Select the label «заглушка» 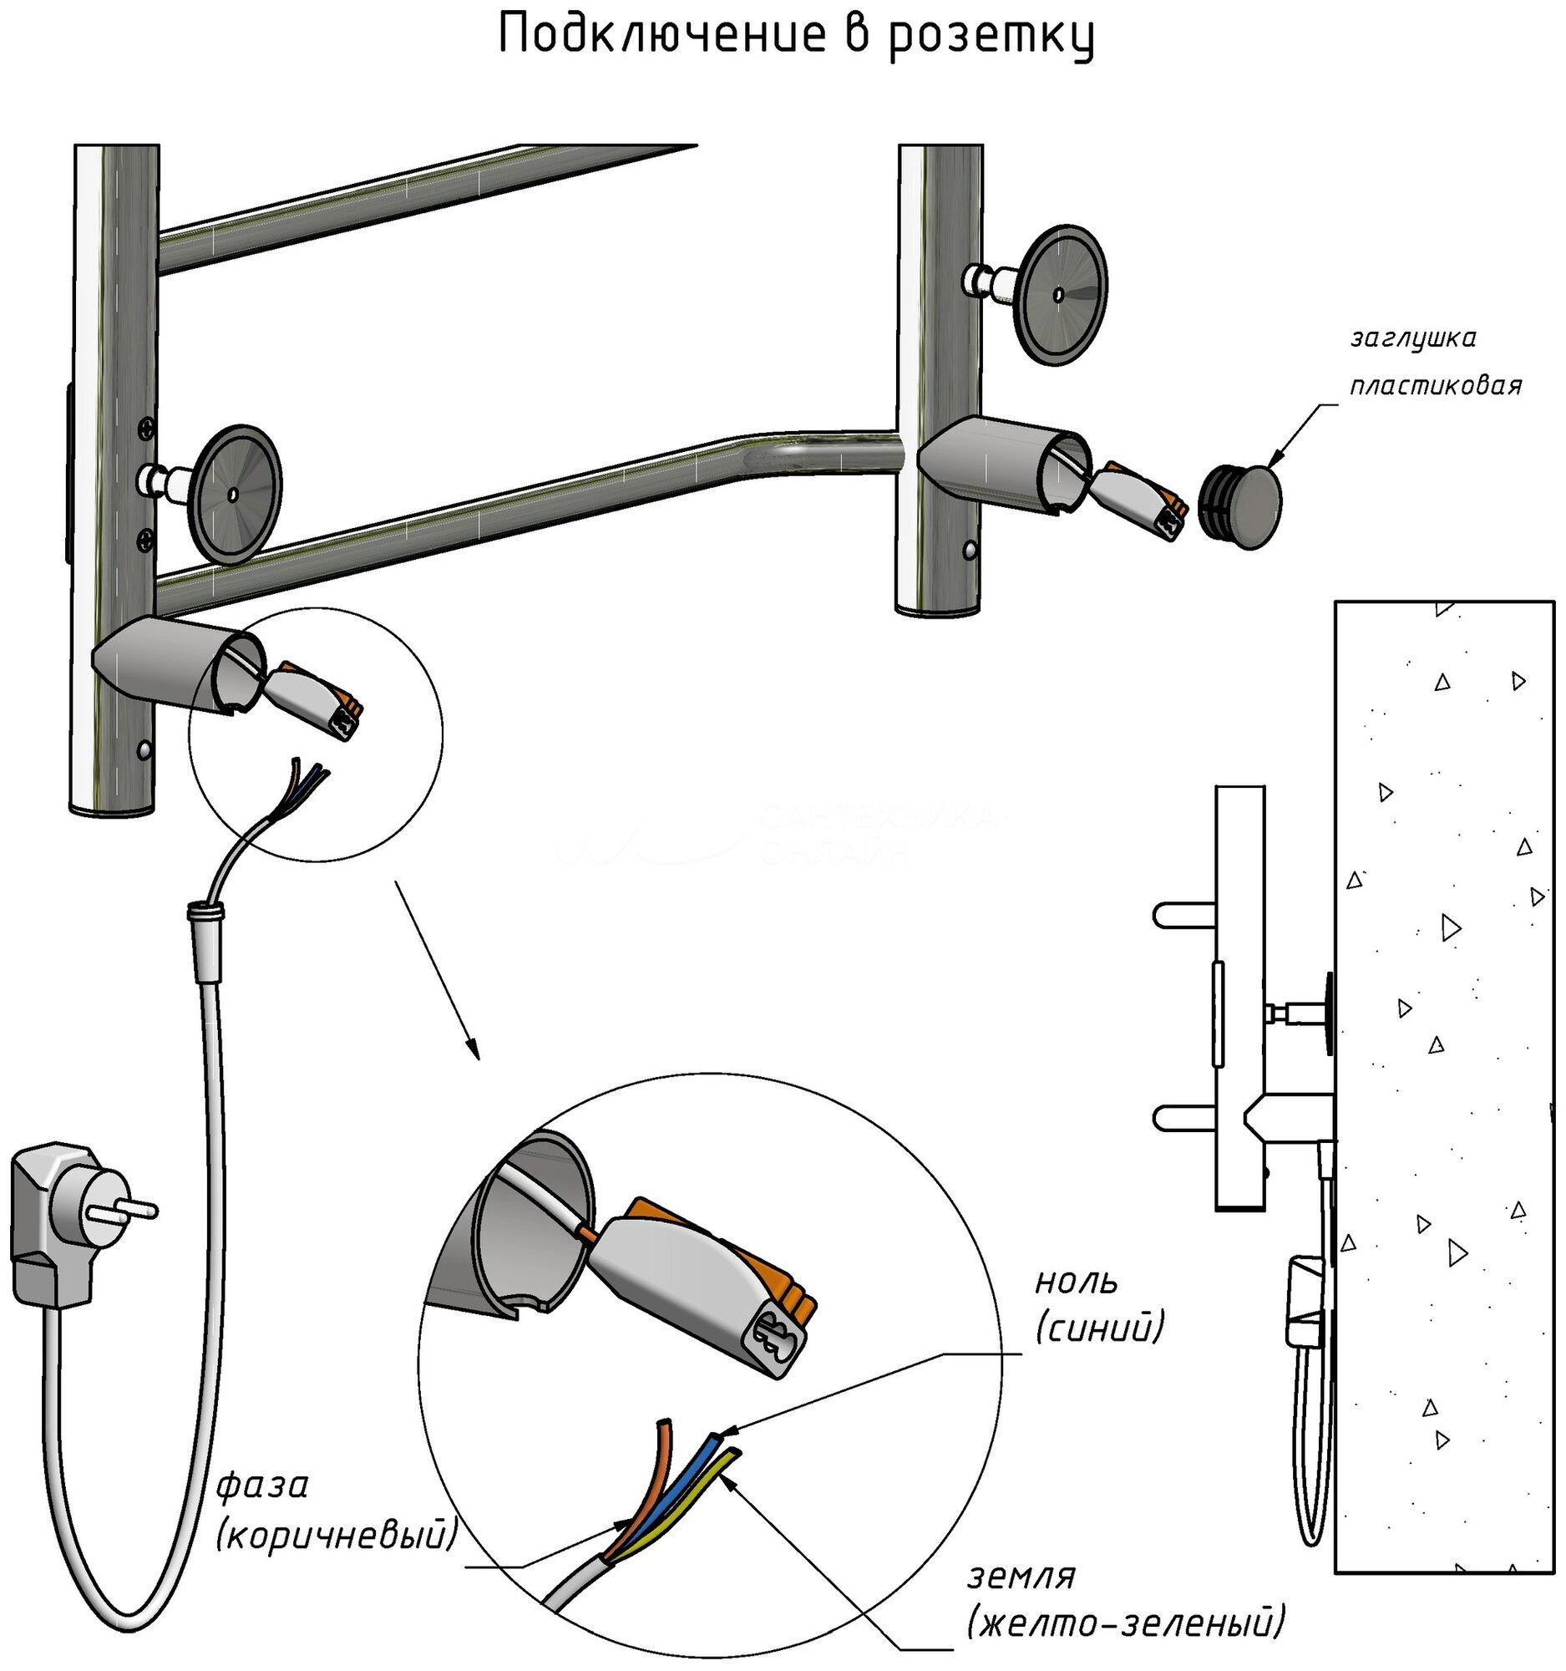point(1413,338)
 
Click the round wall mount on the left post point(236,495)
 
